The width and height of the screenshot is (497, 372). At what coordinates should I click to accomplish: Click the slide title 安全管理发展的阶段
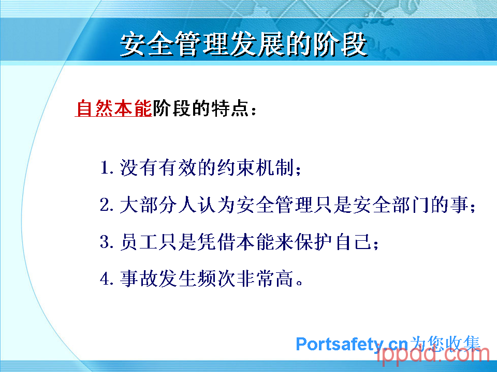[244, 44]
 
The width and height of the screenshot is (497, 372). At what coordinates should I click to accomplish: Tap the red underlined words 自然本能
[114, 108]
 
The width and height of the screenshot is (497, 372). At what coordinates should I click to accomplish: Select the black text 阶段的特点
[200, 108]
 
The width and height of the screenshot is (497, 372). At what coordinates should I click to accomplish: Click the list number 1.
[105, 167]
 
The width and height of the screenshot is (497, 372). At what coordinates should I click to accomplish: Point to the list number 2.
[105, 205]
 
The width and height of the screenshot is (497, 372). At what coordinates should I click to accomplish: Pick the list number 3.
[105, 242]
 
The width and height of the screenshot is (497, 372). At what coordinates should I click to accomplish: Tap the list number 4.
[105, 279]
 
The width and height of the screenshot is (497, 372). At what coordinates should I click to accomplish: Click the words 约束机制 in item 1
[255, 167]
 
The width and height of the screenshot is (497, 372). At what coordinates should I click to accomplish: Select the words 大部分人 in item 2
[158, 205]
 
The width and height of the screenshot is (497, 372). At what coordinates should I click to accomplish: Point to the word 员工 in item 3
[139, 242]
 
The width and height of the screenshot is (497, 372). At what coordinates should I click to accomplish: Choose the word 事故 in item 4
[139, 279]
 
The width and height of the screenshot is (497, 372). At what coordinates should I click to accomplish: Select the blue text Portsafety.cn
[352, 344]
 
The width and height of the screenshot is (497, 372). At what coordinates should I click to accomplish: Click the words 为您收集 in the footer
[445, 344]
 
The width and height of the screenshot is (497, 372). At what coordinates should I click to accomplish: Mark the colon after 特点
[253, 110]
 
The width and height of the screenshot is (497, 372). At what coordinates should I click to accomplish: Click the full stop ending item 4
[299, 282]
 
